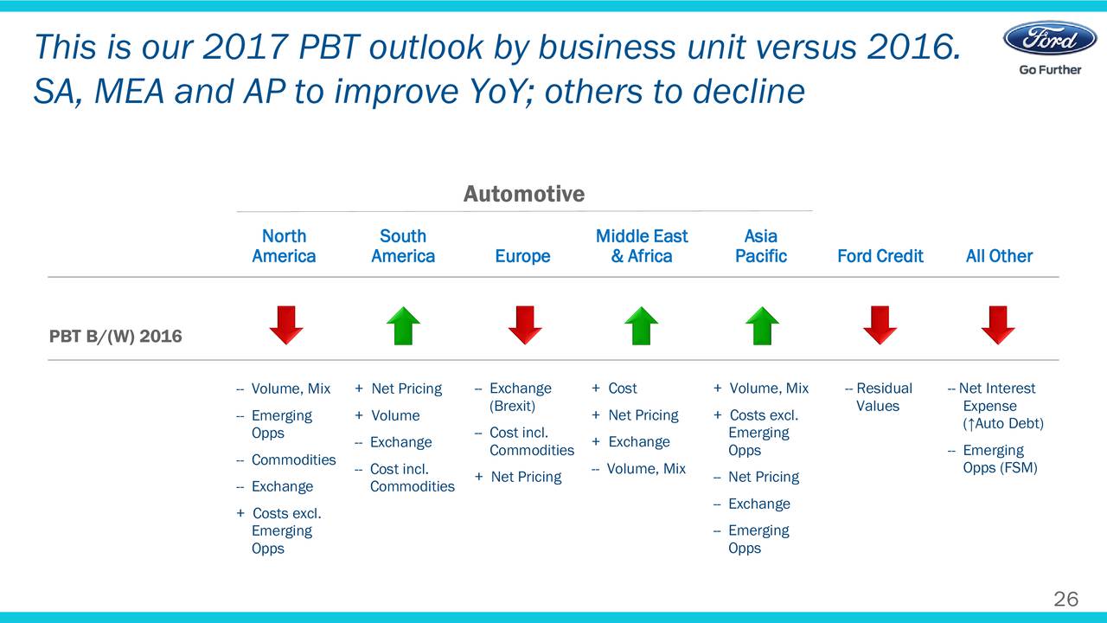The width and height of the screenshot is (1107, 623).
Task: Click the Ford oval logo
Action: click(1050, 38)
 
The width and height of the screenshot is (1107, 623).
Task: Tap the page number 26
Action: click(1066, 600)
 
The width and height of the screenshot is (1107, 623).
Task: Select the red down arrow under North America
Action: click(286, 324)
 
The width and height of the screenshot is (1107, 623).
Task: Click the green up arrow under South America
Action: click(403, 326)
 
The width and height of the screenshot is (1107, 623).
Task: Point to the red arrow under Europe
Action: click(525, 324)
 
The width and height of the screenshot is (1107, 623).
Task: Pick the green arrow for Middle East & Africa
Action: click(642, 326)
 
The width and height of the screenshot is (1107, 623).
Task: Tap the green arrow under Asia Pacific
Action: click(762, 326)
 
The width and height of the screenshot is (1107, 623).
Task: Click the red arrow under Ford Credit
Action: click(880, 324)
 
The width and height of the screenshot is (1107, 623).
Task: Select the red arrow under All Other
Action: click(998, 324)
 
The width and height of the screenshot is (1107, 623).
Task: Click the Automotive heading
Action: click(524, 194)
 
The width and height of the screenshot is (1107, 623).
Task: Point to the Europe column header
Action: click(523, 256)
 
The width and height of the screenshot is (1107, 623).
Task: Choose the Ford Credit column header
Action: click(880, 256)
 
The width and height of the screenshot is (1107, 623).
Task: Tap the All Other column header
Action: click(999, 256)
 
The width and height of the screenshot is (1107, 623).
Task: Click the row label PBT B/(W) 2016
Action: click(116, 337)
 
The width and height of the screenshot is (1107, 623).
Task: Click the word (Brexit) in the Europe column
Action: click(513, 406)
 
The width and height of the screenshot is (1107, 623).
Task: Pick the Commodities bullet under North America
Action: click(293, 459)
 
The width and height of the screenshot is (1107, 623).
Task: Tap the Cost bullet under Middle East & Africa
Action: click(623, 389)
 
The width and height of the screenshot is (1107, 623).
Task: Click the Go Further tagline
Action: click(1050, 70)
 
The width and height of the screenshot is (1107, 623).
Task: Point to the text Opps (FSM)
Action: click(1001, 468)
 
